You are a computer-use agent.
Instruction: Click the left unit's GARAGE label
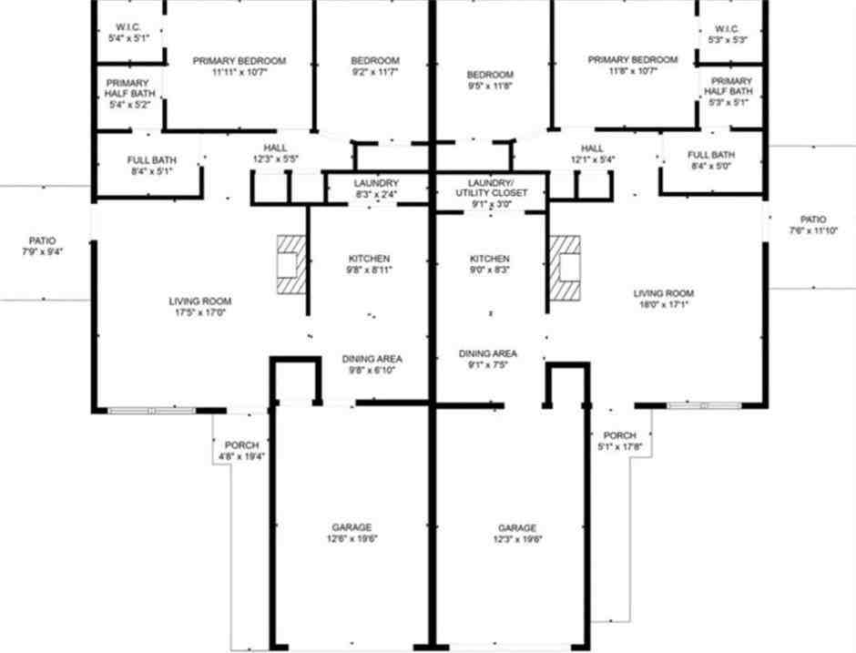click(x=351, y=527)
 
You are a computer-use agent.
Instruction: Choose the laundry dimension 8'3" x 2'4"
click(x=375, y=195)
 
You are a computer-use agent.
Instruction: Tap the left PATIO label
click(x=42, y=240)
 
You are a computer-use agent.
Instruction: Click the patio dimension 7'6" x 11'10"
click(x=813, y=230)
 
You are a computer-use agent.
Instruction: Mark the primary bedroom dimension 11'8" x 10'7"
click(x=633, y=72)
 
